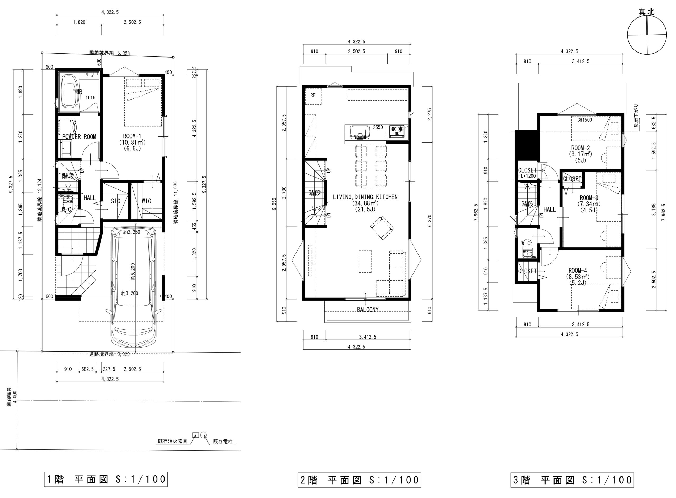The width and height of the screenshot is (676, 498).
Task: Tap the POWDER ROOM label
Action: [79, 137]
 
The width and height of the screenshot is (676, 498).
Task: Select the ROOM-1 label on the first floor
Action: [132, 136]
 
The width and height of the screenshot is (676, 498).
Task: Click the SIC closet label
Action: [116, 201]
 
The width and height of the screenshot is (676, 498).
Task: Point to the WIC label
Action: [146, 201]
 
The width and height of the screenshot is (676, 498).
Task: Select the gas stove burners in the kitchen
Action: [397, 131]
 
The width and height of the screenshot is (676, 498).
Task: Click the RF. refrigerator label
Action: [313, 96]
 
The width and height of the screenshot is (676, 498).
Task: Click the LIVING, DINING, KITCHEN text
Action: [365, 197]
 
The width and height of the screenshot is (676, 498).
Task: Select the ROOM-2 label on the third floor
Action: [580, 148]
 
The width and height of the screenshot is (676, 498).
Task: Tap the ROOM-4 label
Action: [578, 271]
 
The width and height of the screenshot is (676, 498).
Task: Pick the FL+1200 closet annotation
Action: [527, 176]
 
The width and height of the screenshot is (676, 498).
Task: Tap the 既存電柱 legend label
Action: [223, 442]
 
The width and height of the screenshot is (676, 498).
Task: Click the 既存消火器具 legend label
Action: [172, 441]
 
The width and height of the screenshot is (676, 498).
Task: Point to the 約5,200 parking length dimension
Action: [133, 272]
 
